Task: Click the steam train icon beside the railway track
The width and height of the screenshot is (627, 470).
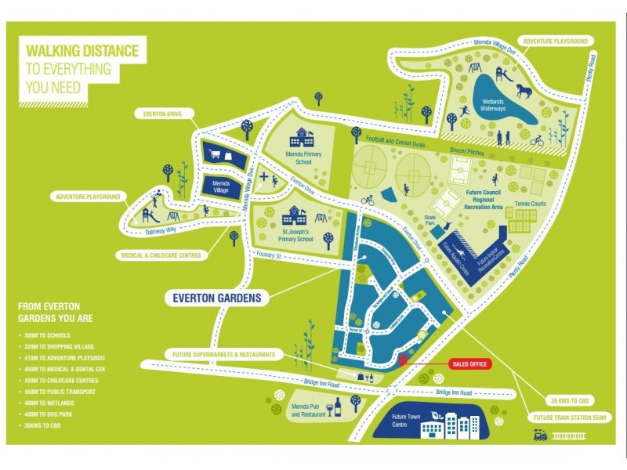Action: coord(540,436)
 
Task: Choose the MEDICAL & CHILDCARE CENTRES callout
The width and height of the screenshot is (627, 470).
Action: coord(161,255)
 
